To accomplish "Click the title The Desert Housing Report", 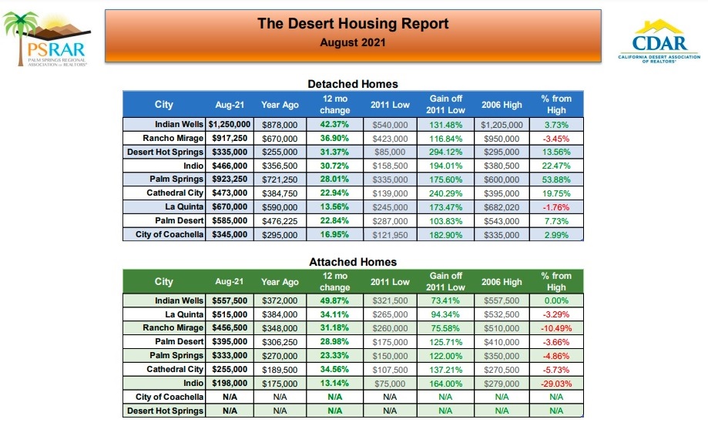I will [x=353, y=24].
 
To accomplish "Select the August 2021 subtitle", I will [x=353, y=42].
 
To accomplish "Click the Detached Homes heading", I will [x=352, y=83].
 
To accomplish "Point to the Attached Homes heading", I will [x=352, y=262].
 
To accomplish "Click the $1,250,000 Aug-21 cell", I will [x=230, y=124].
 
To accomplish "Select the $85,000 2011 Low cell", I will [x=390, y=152].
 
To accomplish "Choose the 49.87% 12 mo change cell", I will [x=334, y=300].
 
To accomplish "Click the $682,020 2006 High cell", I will [x=502, y=206].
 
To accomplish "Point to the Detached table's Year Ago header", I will [x=280, y=104].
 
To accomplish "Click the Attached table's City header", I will [x=164, y=282].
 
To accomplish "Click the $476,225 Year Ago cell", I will [x=280, y=220].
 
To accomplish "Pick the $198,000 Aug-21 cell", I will [x=230, y=383].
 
